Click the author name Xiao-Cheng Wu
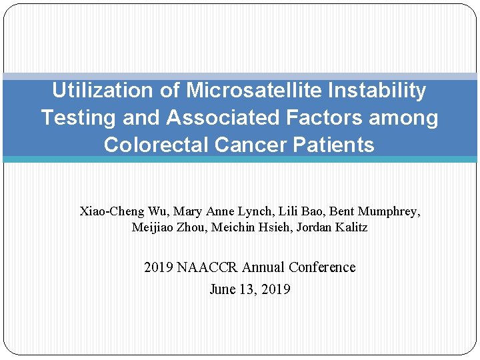point(123,211)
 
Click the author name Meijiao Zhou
point(168,227)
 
